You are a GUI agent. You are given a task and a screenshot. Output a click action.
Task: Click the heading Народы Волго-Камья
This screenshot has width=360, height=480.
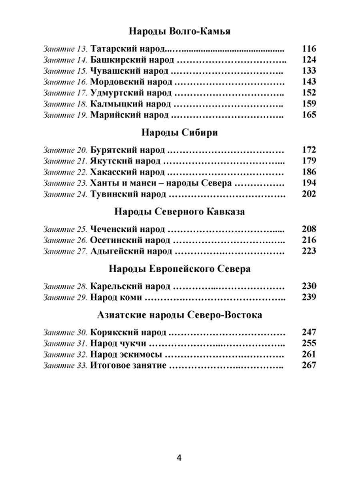pos(180,31)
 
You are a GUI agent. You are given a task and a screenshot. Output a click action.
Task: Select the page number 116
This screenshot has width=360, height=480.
pos(309,49)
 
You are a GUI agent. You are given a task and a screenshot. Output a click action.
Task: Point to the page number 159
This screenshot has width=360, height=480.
pos(309,104)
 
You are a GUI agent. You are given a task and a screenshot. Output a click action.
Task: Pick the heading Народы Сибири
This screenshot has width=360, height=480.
pos(180,133)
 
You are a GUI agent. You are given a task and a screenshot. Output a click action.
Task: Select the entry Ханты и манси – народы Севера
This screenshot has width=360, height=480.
pos(161,183)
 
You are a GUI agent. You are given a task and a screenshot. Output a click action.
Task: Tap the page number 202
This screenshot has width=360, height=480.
pos(309,194)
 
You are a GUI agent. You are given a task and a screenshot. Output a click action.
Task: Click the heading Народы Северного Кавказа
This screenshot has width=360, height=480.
pos(180,212)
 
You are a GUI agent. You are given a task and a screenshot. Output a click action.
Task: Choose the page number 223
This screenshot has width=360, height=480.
pos(309,251)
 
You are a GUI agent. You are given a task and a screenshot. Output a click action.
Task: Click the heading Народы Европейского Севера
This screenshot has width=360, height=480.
pos(180,269)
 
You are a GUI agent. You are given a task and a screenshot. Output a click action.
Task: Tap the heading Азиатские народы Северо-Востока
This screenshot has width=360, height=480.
pos(180,315)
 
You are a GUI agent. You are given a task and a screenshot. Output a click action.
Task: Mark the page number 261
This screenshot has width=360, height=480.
pos(309,354)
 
